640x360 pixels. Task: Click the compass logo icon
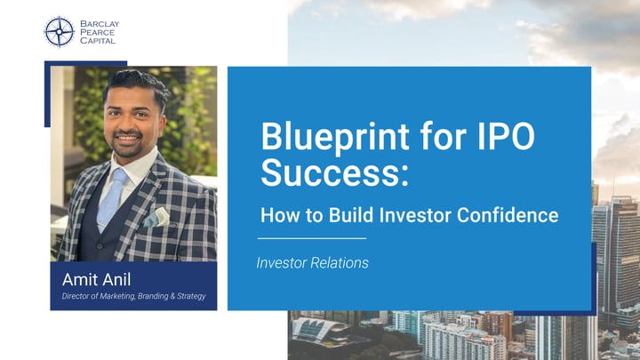pyautogui.click(x=59, y=31)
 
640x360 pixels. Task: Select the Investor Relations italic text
pyautogui.click(x=312, y=263)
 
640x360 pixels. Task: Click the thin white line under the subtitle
pyautogui.click(x=311, y=238)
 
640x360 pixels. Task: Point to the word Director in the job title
pyautogui.click(x=77, y=296)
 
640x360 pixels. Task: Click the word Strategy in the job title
pyautogui.click(x=188, y=296)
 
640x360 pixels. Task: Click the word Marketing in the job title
pyautogui.click(x=124, y=296)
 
